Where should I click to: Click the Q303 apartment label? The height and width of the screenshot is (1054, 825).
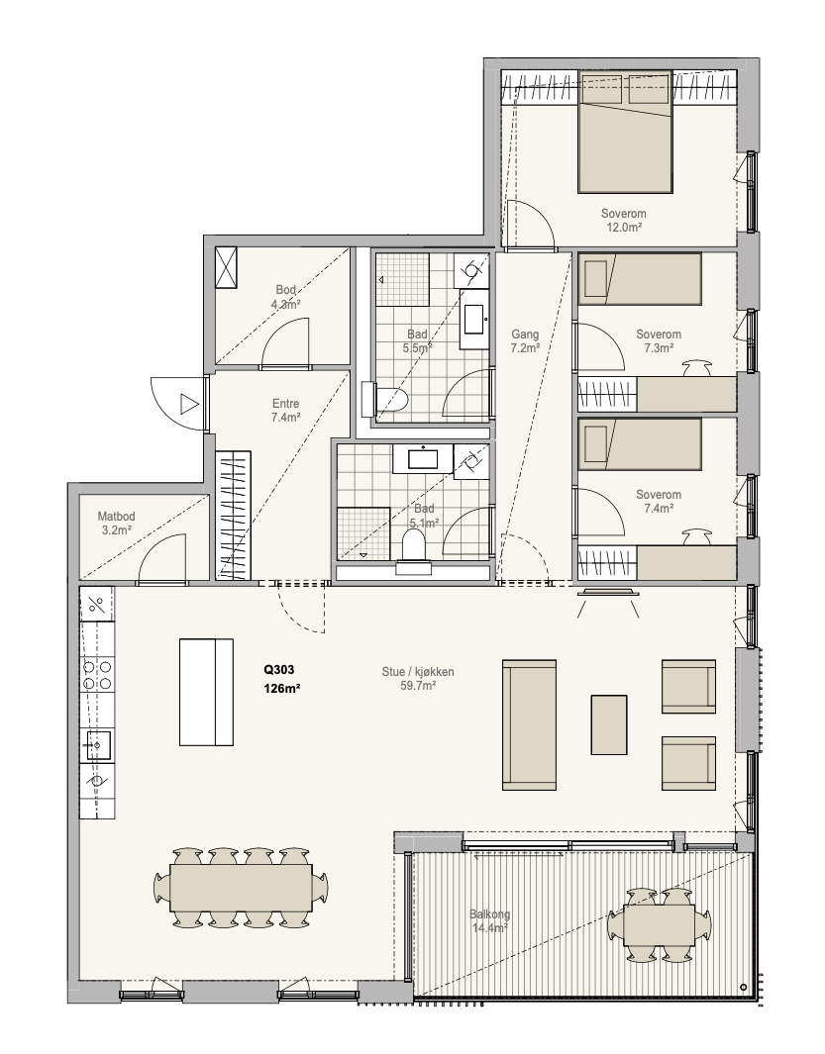point(278,669)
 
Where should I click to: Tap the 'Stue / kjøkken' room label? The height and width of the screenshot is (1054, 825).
point(418,672)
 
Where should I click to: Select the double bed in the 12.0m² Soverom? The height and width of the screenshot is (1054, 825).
point(625,132)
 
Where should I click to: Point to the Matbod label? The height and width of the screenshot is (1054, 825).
point(117,517)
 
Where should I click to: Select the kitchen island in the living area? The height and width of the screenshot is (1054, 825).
point(207,693)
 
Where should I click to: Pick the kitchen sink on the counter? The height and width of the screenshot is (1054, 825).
point(97,745)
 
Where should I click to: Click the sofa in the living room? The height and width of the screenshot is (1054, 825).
point(530,724)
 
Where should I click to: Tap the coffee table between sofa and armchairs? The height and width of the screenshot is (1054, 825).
point(609,724)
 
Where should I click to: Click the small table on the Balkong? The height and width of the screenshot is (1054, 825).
point(659,925)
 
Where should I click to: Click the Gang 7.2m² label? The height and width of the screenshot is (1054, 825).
point(525,340)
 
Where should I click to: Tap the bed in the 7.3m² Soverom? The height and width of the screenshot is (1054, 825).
point(640,278)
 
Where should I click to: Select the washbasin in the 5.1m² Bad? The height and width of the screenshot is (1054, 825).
point(423,459)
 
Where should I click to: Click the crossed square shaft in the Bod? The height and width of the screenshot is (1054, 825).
point(226,267)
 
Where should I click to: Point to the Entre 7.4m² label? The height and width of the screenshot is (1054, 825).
point(286,410)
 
